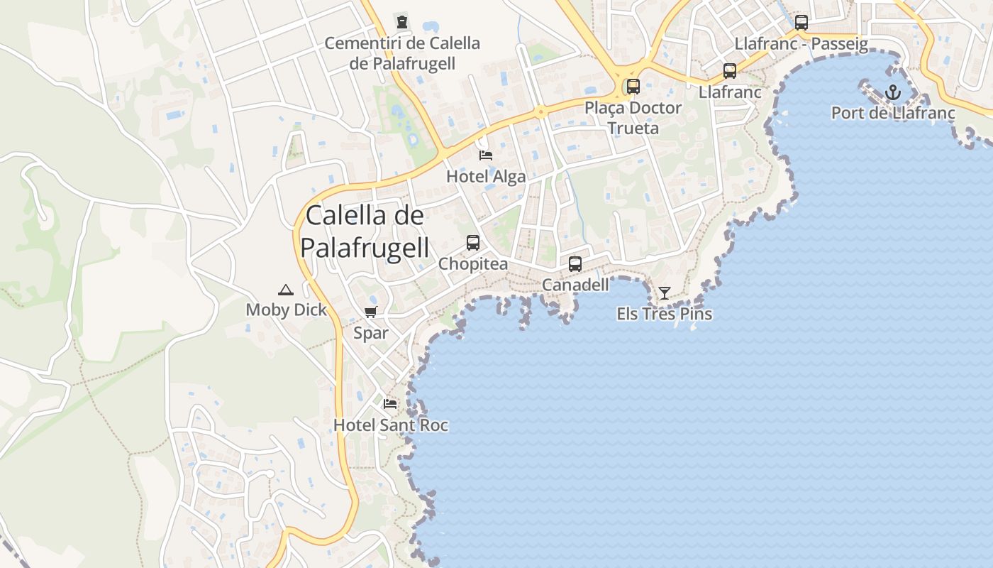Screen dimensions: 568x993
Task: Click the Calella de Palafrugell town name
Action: click(365, 231)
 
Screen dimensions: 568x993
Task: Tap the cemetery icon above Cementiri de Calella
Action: click(403, 22)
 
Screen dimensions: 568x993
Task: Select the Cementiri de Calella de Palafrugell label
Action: click(402, 53)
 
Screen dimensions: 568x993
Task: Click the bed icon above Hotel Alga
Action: click(486, 155)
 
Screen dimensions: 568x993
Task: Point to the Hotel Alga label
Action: click(486, 177)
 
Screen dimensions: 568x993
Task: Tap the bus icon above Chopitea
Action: click(473, 243)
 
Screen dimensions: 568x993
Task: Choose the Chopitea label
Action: click(473, 264)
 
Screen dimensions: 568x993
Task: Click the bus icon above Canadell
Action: click(575, 264)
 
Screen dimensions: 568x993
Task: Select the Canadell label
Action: click(575, 285)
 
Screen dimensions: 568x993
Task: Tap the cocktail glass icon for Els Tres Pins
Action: click(664, 293)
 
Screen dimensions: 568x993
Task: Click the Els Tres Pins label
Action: click(665, 314)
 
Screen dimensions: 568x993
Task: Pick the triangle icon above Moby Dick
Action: click(286, 289)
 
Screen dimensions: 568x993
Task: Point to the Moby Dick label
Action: click(287, 310)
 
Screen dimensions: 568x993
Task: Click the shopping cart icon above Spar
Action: click(370, 312)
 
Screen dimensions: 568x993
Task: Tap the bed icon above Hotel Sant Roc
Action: click(390, 403)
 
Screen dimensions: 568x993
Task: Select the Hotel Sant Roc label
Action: click(391, 425)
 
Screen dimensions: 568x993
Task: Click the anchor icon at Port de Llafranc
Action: click(893, 92)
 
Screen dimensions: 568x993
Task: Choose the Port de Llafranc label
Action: click(893, 113)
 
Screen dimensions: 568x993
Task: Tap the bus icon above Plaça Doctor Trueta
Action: click(633, 87)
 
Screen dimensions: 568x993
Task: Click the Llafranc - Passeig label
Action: click(801, 44)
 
